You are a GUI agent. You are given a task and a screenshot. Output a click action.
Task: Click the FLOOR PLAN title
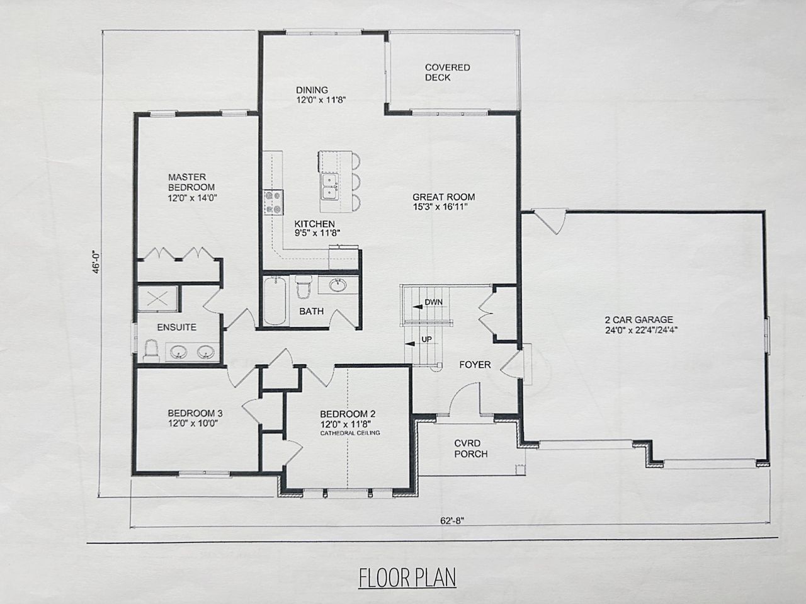pos(407,578)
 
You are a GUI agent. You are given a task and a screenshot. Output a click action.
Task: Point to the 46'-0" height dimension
pos(96,262)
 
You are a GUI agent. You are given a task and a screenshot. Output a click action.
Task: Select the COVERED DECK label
pos(447,72)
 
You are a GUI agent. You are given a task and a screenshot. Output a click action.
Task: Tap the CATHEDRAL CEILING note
pos(350,433)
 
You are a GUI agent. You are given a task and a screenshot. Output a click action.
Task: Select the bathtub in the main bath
pos(275,301)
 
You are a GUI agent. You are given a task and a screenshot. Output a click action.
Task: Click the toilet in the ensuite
pos(152,351)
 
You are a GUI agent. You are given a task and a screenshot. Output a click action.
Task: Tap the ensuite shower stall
pos(158,299)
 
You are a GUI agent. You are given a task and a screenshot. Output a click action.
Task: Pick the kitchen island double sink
pos(330,187)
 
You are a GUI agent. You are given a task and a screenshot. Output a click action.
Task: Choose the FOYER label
pos(475,365)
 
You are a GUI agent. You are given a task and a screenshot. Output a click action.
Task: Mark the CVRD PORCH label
pos(471,448)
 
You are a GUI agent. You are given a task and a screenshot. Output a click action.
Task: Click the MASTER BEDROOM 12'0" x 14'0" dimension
pos(193,198)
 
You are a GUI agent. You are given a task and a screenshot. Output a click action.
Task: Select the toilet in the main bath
pos(304,286)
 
